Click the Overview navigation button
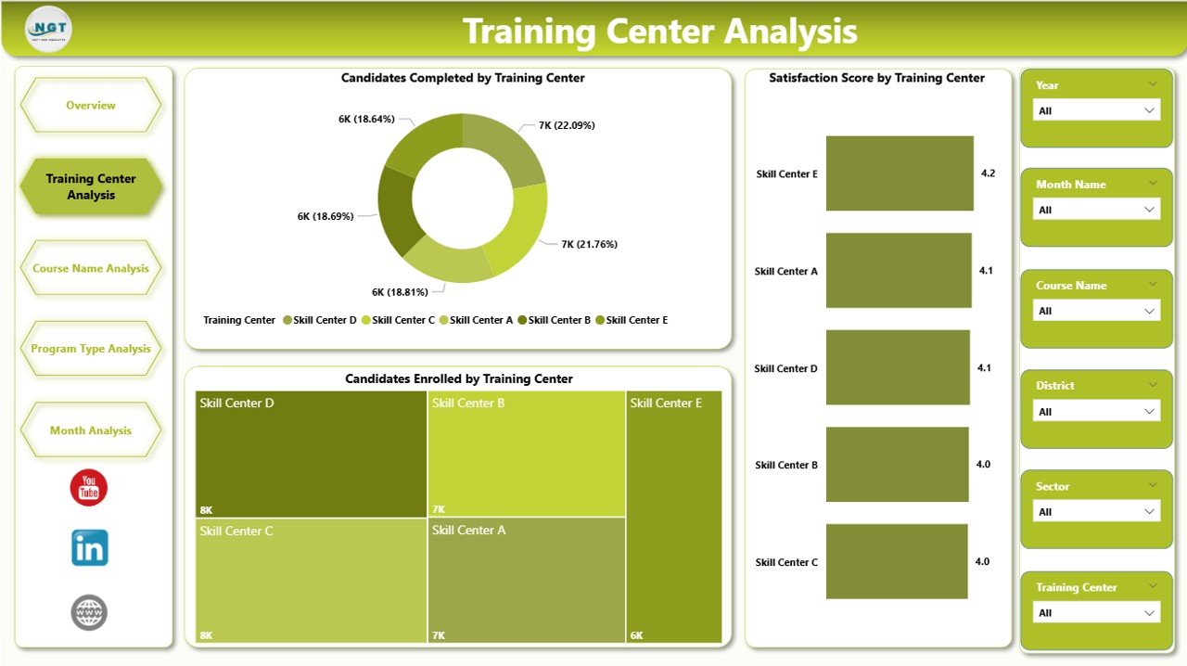[91, 106]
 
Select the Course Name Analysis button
[91, 268]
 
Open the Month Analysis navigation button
[91, 430]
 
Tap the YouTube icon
[89, 488]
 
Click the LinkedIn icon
[90, 548]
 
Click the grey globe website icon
[89, 612]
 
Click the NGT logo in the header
[49, 29]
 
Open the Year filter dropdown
[1096, 110]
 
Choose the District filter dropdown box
[1096, 411]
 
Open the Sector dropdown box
[1096, 511]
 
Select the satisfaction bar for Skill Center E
[900, 173]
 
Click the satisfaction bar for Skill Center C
[896, 561]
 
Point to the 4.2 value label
[988, 173]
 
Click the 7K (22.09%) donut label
[566, 125]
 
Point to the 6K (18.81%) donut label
[400, 292]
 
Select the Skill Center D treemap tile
[311, 454]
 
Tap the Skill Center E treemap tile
[674, 517]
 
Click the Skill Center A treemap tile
[526, 580]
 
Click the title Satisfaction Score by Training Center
[876, 78]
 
